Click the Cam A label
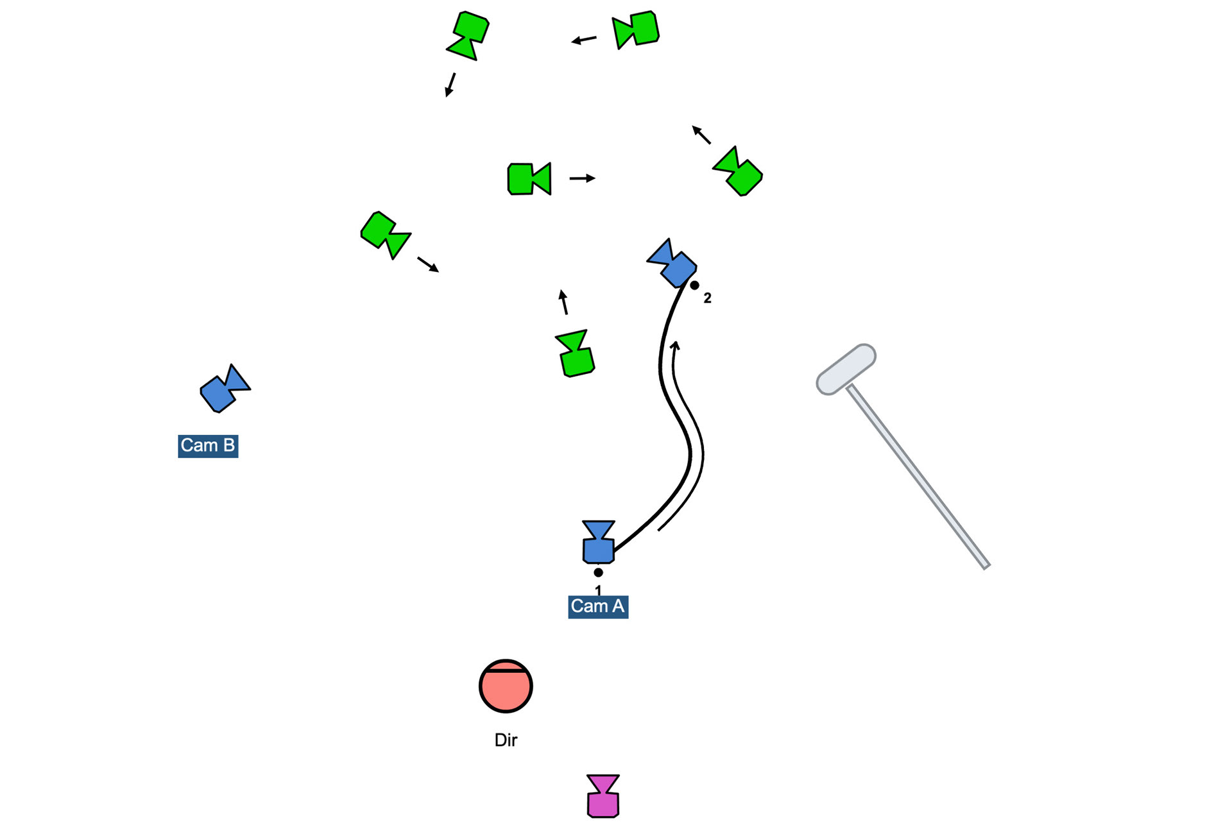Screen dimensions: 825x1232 coord(597,606)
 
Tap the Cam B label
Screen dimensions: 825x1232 coord(208,446)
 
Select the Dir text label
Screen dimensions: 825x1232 coord(506,740)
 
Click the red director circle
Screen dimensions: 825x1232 coord(506,686)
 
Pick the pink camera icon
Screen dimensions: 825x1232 coord(603,797)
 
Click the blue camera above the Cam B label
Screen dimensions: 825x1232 coord(224,389)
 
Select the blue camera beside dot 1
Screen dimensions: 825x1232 coord(598,543)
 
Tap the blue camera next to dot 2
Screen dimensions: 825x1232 coord(672,263)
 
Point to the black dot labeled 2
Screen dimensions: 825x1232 coord(694,285)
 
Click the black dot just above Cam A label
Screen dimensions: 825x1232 coord(598,572)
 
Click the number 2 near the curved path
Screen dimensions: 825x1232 coord(707,298)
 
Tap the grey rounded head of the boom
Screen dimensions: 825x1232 coord(846,369)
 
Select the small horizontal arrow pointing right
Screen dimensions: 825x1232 coord(582,178)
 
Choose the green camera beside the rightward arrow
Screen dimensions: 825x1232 coord(529,179)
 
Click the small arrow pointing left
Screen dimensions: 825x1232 coord(584,40)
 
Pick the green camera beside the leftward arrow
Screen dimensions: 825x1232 coord(636,30)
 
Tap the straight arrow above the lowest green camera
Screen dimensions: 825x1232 coord(563,302)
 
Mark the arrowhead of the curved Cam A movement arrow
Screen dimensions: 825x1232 coord(675,345)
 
